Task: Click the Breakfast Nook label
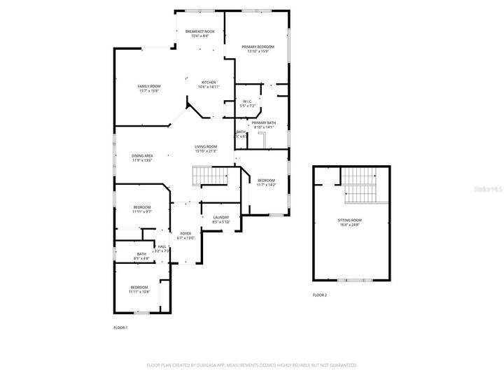point(199,31)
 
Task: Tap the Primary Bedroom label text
point(258,47)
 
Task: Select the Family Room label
point(149,86)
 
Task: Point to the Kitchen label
point(209,82)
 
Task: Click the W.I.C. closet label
point(247,101)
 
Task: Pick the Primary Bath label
point(263,123)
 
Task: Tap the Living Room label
point(206,146)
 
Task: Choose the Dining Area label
point(142,155)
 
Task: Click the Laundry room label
point(221,218)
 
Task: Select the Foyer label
point(185,234)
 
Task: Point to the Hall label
point(162,246)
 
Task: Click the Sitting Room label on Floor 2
point(350,220)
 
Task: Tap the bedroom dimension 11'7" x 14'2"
point(266,185)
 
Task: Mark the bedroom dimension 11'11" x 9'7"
point(143,211)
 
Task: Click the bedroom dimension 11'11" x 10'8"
point(139,292)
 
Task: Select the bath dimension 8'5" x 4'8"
point(141,259)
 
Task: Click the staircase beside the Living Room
point(211,176)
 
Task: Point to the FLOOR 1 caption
point(120,328)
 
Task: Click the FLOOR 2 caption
point(320,295)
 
